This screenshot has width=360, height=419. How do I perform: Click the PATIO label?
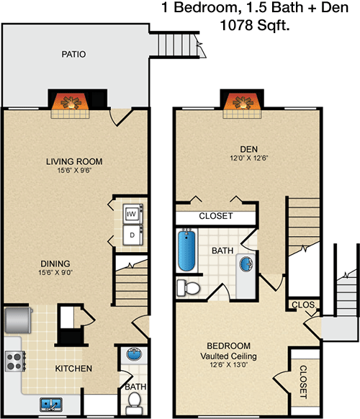[x=73, y=54]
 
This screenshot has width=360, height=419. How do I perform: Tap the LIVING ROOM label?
[x=74, y=161]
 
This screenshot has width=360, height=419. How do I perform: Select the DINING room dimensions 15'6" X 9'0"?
[x=55, y=273]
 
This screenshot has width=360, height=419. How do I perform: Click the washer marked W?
[x=132, y=214]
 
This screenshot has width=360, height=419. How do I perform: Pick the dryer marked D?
[x=132, y=235]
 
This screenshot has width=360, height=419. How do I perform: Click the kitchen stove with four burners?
[x=15, y=361]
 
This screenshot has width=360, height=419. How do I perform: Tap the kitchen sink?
[x=51, y=405]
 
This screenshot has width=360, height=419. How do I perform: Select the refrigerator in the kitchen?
[x=18, y=320]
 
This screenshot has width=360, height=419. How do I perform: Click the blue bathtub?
[x=186, y=251]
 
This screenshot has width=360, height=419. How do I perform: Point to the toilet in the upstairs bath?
[x=188, y=288]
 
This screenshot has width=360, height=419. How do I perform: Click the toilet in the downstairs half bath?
[x=134, y=403]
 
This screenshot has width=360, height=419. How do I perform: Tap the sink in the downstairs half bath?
[x=134, y=354]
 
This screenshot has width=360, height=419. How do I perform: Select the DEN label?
[x=249, y=149]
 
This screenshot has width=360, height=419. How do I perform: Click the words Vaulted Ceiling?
[x=228, y=356]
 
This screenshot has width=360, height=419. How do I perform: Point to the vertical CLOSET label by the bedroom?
[x=303, y=382]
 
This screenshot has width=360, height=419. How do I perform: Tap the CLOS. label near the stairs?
[x=304, y=305]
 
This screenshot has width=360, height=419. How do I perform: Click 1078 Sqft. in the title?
[x=255, y=25]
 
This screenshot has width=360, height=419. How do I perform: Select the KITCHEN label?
[x=73, y=369]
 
